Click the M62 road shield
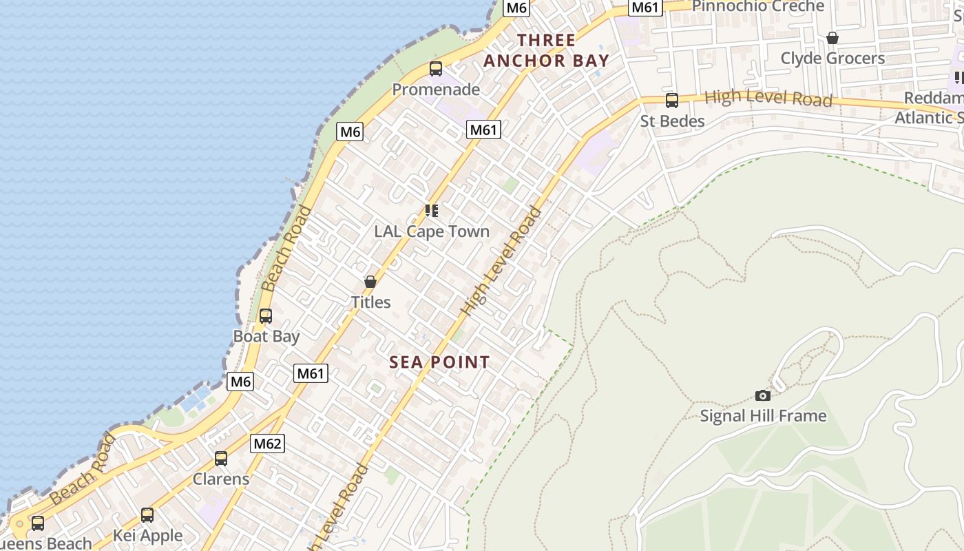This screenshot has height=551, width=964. pyautogui.click(x=267, y=444)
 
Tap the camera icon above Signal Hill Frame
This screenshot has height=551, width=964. pyautogui.click(x=763, y=395)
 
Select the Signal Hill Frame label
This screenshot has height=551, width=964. pyautogui.click(x=763, y=416)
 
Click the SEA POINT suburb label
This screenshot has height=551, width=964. pyautogui.click(x=440, y=362)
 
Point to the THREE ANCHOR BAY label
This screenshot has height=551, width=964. pyautogui.click(x=547, y=50)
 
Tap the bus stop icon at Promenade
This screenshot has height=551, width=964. pyautogui.click(x=436, y=69)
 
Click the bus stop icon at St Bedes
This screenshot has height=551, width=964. pyautogui.click(x=672, y=101)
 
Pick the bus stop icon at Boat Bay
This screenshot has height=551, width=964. pyautogui.click(x=266, y=316)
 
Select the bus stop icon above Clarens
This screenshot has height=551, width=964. pyautogui.click(x=221, y=459)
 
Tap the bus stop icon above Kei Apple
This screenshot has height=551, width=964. pyautogui.click(x=147, y=515)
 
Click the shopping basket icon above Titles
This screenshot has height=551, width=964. pyautogui.click(x=370, y=282)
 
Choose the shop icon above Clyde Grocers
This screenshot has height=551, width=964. pyautogui.click(x=832, y=38)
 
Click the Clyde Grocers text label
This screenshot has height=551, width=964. pyautogui.click(x=832, y=59)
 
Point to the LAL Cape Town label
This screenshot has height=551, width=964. pyautogui.click(x=432, y=231)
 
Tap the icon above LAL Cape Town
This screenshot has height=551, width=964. pyautogui.click(x=432, y=210)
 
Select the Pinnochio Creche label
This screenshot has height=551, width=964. pyautogui.click(x=757, y=6)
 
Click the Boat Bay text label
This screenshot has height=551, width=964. pyautogui.click(x=266, y=337)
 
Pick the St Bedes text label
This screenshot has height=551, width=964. pyautogui.click(x=672, y=122)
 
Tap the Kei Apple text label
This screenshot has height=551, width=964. pyautogui.click(x=147, y=536)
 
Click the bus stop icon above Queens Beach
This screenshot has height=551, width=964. pyautogui.click(x=38, y=523)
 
